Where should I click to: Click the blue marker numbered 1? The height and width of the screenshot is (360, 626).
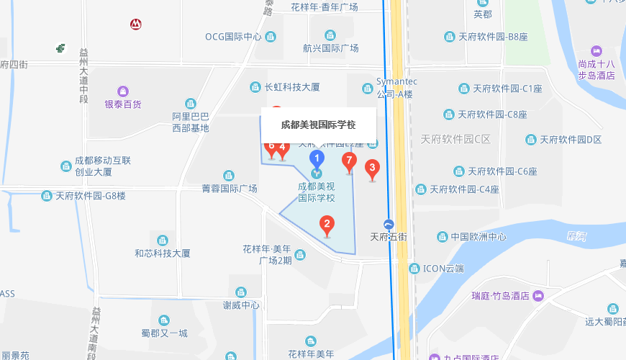click(x=316, y=160)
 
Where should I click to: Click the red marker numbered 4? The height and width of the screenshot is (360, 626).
click(x=283, y=149)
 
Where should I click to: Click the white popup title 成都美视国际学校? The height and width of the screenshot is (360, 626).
click(x=318, y=125)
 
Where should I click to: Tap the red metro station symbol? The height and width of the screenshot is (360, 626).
click(x=135, y=24)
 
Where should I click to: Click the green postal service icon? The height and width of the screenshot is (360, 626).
click(x=63, y=48)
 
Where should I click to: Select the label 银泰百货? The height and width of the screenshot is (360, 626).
click(x=123, y=104)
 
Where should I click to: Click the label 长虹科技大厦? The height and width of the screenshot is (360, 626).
click(x=291, y=87)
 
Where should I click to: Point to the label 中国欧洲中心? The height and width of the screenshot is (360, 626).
click(x=478, y=236)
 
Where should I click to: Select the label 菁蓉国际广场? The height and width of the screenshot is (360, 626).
click(x=229, y=188)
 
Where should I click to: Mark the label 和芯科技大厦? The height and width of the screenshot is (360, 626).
click(x=163, y=253)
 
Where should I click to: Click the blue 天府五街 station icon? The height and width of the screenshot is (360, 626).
click(x=389, y=224)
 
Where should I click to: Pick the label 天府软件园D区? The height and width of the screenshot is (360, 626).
click(x=570, y=139)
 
